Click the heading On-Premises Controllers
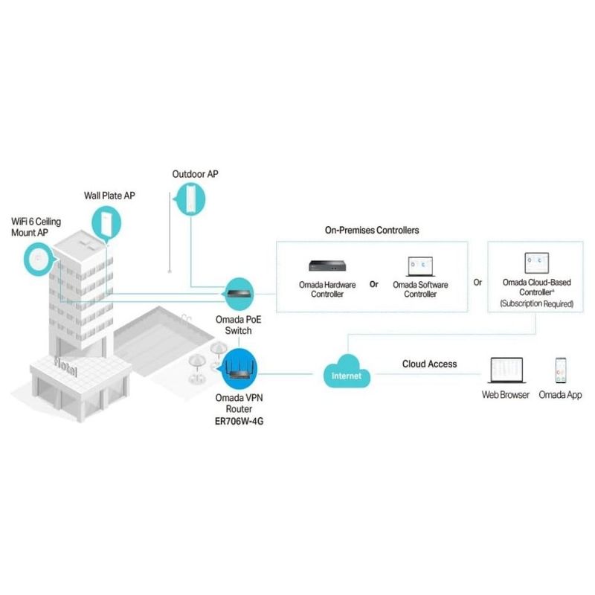coord(372,230)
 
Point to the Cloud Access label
coord(429,364)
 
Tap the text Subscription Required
coord(535,304)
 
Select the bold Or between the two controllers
coord(374,283)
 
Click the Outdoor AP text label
coord(195,174)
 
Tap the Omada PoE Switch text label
coord(239,325)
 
